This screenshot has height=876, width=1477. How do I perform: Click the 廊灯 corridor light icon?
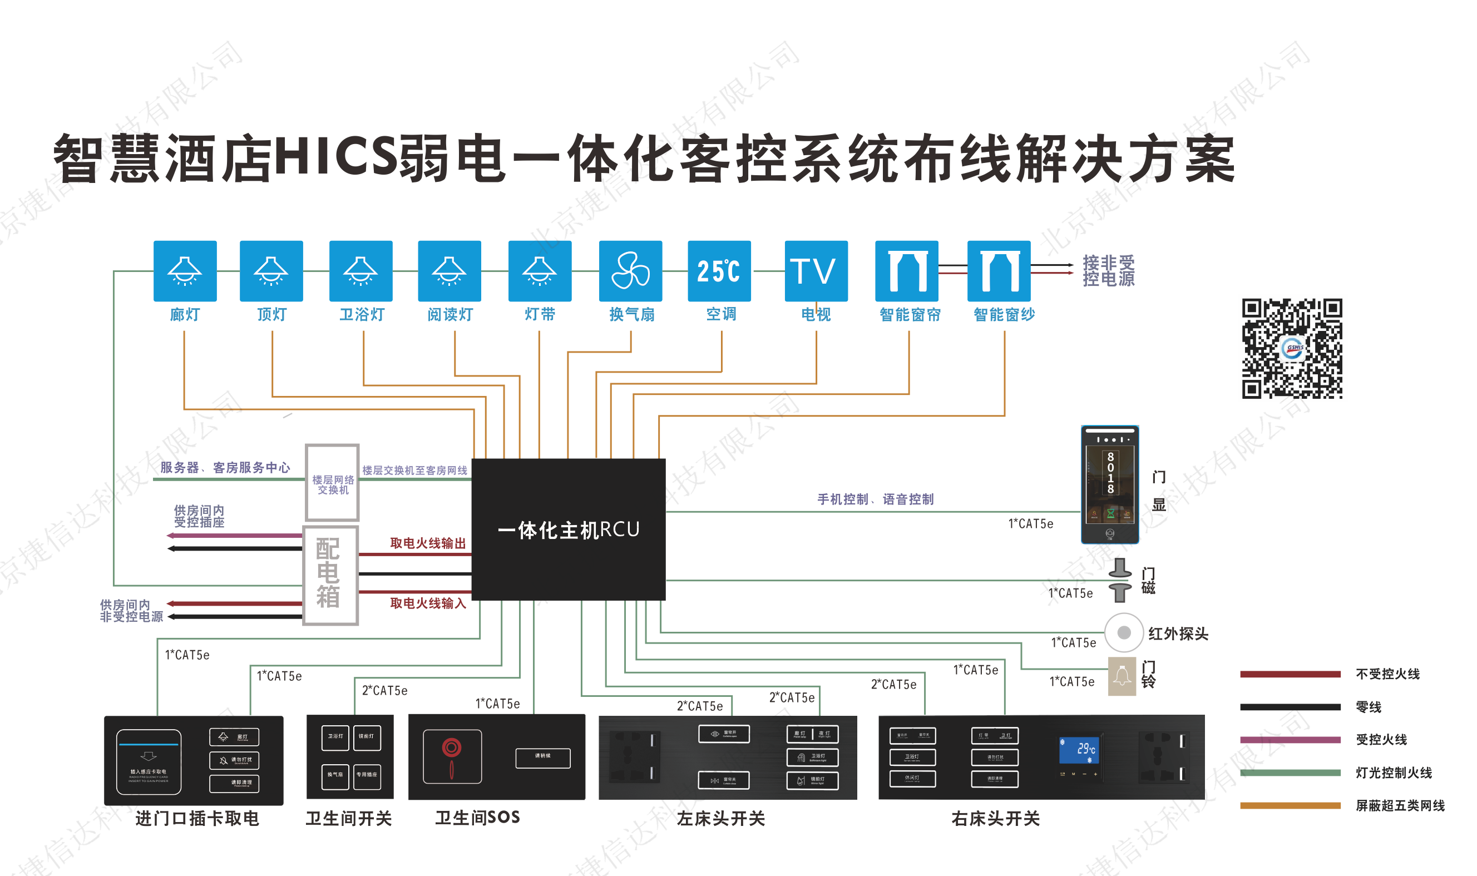click(x=185, y=271)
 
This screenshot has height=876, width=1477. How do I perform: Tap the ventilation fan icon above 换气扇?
click(x=630, y=271)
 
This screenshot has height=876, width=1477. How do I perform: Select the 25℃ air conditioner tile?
click(x=718, y=271)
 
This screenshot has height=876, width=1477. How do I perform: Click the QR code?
click(x=1291, y=348)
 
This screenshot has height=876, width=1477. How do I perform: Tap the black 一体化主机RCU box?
click(x=568, y=529)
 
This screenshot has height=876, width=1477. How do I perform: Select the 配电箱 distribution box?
click(x=330, y=575)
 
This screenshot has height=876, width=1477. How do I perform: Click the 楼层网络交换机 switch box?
click(x=332, y=483)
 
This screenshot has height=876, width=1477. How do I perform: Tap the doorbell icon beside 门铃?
click(x=1121, y=676)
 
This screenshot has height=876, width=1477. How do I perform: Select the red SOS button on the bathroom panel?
click(x=452, y=749)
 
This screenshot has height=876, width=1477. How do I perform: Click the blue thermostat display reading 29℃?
click(x=1079, y=750)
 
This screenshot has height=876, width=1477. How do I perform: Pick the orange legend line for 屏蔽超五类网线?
click(x=1290, y=805)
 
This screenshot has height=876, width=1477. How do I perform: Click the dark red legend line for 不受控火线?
click(x=1290, y=674)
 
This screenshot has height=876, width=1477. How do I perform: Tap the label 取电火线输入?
click(x=427, y=603)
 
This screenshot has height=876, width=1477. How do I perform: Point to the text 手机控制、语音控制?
click(x=875, y=499)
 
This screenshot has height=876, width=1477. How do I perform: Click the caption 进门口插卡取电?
click(x=196, y=818)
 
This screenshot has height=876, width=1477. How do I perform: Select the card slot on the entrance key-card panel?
click(x=148, y=760)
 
